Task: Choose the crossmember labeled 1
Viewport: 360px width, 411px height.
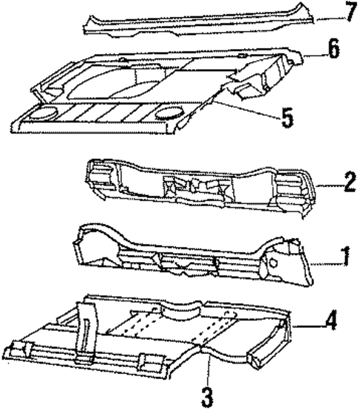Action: coord(193,256)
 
